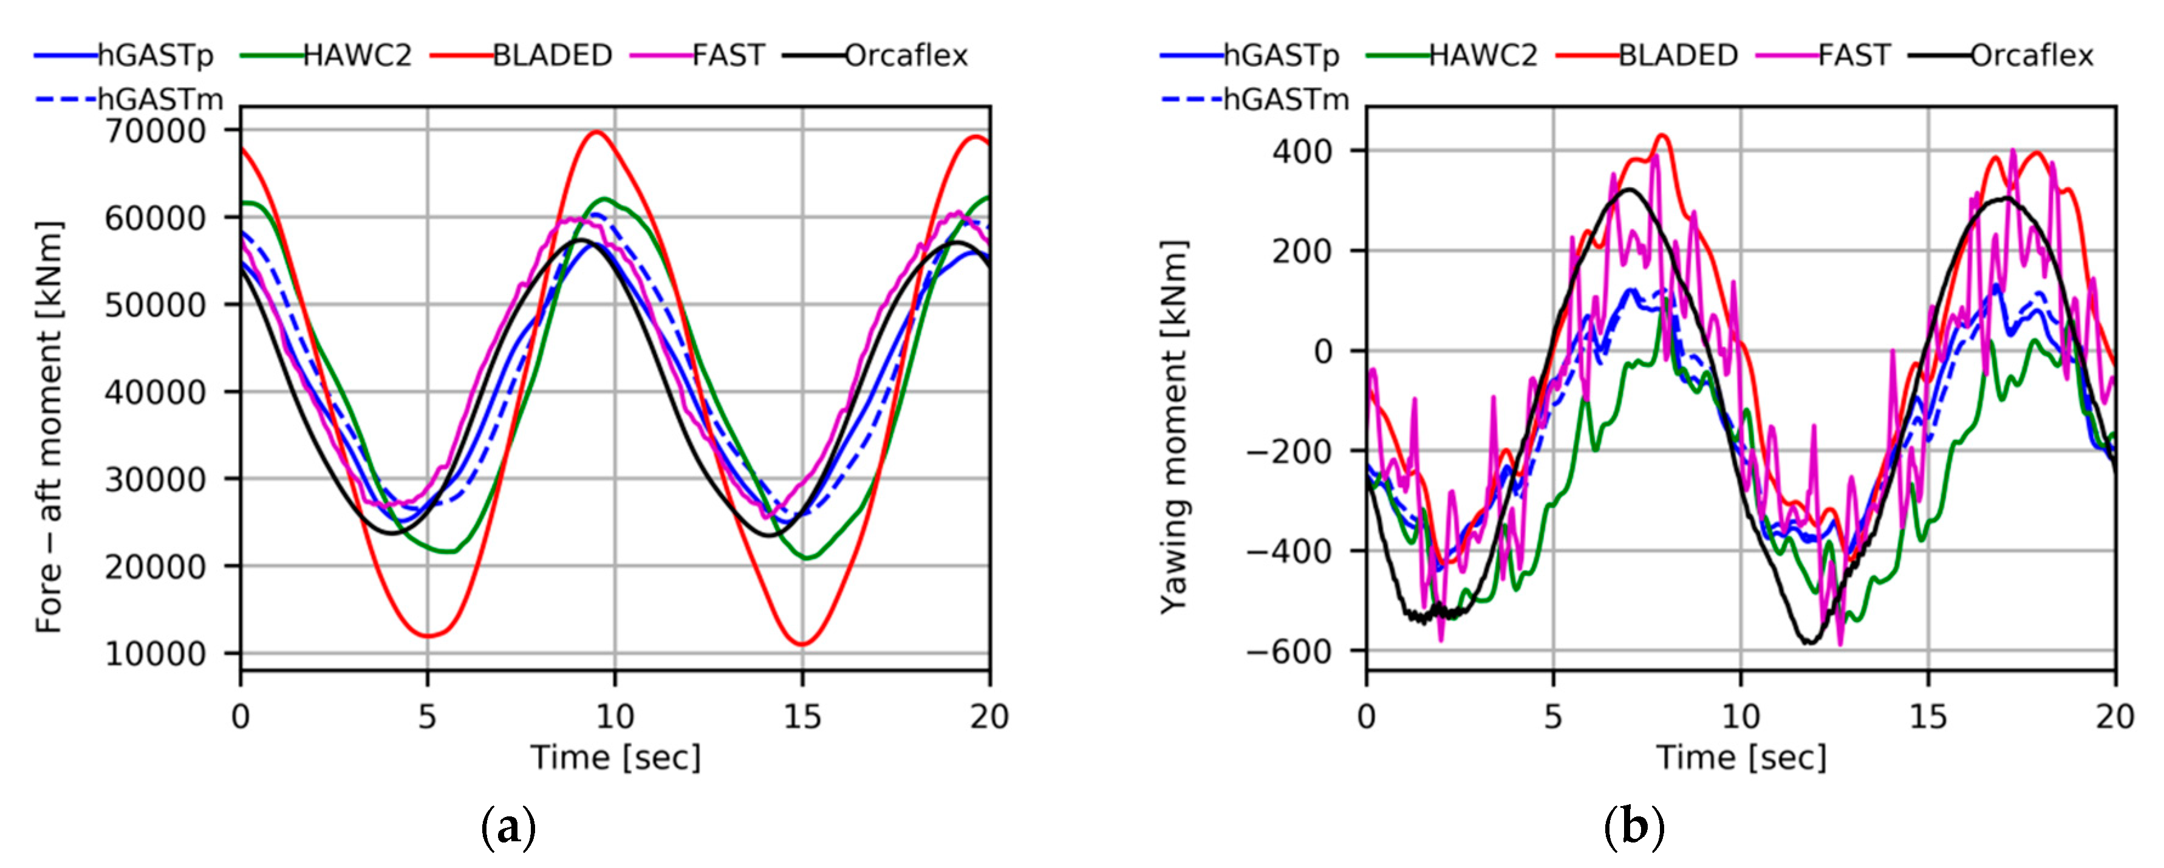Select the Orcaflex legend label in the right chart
pyautogui.click(x=2031, y=55)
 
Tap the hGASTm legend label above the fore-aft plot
pyautogui.click(x=160, y=99)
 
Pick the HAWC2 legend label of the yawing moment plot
pyautogui.click(x=1483, y=55)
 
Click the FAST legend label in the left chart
pyautogui.click(x=728, y=55)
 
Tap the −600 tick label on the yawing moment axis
pyautogui.click(x=1289, y=651)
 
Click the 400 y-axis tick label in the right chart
pyautogui.click(x=1302, y=151)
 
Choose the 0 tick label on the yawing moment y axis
pyautogui.click(x=1323, y=351)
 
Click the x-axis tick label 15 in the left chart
pyautogui.click(x=802, y=717)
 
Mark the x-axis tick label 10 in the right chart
pyautogui.click(x=1741, y=717)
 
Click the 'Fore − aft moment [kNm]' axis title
pyautogui.click(x=49, y=427)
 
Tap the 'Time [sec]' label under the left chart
pyautogui.click(x=615, y=758)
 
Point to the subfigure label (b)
pyautogui.click(x=1633, y=829)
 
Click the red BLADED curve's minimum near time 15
pyautogui.click(x=802, y=644)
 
